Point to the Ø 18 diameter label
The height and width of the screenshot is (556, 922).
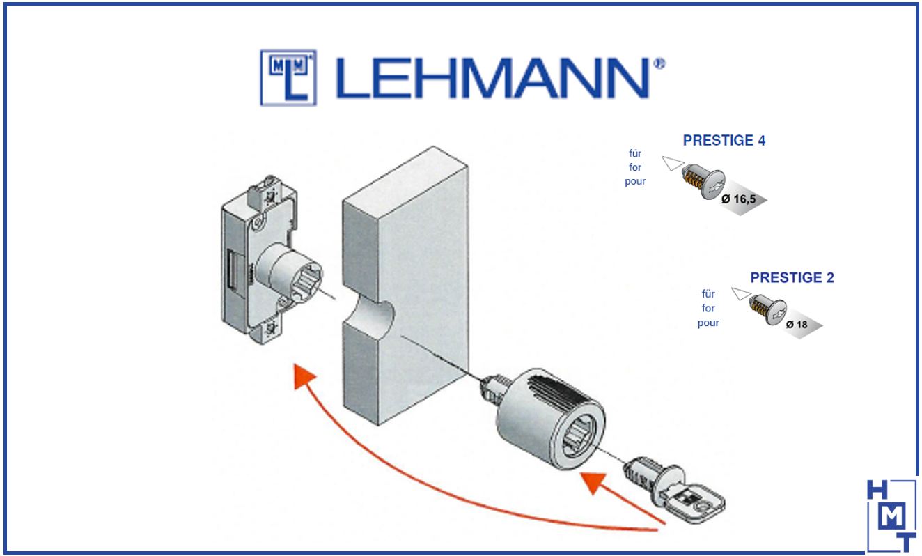pos(796,325)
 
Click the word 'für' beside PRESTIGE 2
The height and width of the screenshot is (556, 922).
pos(708,295)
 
